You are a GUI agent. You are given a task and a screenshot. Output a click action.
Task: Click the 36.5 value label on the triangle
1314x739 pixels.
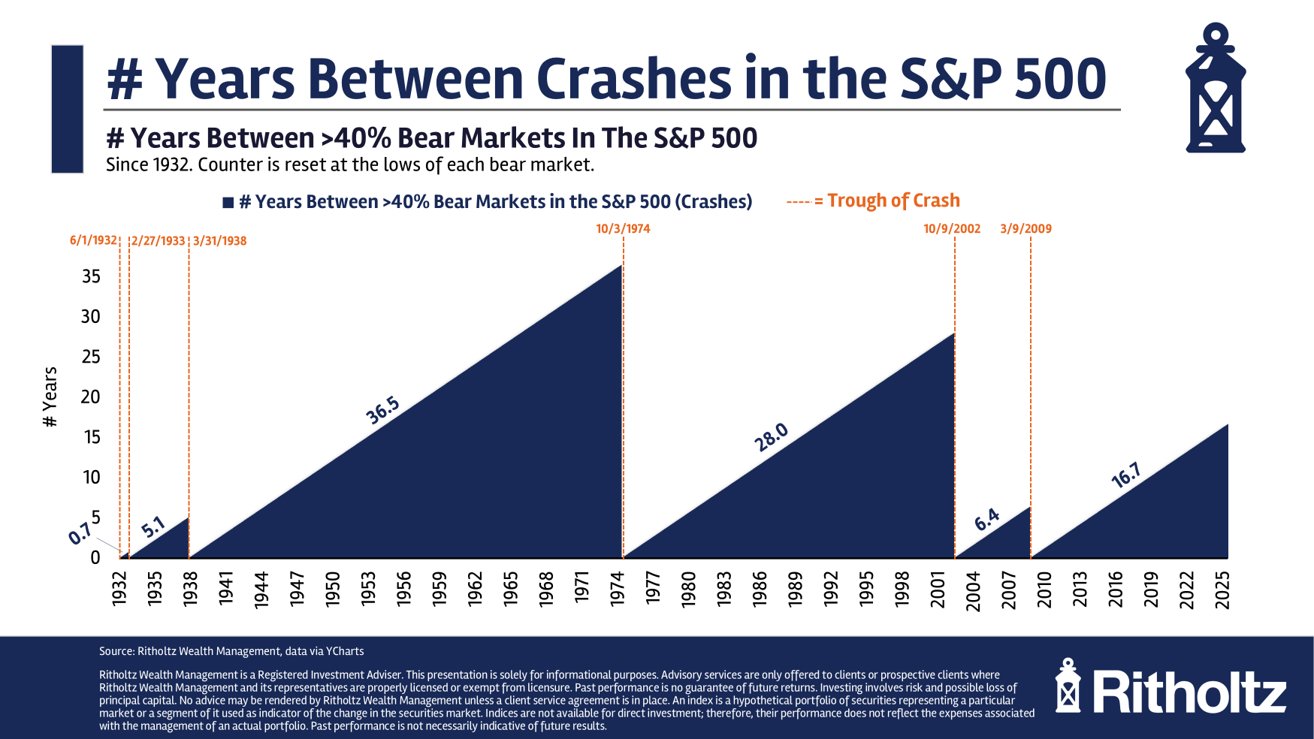[x=382, y=411]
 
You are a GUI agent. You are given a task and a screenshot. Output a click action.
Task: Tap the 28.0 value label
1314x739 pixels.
[x=772, y=437]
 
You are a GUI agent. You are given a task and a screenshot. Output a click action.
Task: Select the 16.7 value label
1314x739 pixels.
[x=1126, y=475]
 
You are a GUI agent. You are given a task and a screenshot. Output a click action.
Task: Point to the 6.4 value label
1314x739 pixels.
[x=987, y=519]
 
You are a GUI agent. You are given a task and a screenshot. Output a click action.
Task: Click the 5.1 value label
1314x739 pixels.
[x=153, y=527]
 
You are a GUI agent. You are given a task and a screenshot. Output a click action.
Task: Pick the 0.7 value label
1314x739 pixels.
[x=80, y=534]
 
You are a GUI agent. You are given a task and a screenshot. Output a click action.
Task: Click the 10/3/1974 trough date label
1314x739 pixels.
[x=623, y=228]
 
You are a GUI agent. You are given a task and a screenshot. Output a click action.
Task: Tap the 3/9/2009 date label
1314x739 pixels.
[x=1026, y=228]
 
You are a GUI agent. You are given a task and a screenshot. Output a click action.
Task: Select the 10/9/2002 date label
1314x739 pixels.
[x=952, y=228]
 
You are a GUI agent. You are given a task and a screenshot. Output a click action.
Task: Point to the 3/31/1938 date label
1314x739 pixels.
[x=219, y=241]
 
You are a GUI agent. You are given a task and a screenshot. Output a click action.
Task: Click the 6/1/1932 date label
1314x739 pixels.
[x=93, y=240]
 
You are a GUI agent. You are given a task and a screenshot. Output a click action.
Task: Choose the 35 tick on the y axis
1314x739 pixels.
[x=91, y=276]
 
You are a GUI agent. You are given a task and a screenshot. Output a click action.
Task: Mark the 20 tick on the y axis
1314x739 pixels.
[x=91, y=397]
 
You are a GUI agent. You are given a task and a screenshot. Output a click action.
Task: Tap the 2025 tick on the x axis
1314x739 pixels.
[x=1222, y=590]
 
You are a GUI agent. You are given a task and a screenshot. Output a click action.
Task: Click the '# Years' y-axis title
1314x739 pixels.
[x=50, y=397]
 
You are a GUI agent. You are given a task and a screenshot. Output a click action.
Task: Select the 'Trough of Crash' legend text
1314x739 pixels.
[x=893, y=201]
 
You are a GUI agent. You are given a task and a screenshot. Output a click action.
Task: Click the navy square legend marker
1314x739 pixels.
[x=228, y=203]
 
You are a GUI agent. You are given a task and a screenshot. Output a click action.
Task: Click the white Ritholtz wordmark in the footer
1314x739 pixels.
[x=1189, y=692]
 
